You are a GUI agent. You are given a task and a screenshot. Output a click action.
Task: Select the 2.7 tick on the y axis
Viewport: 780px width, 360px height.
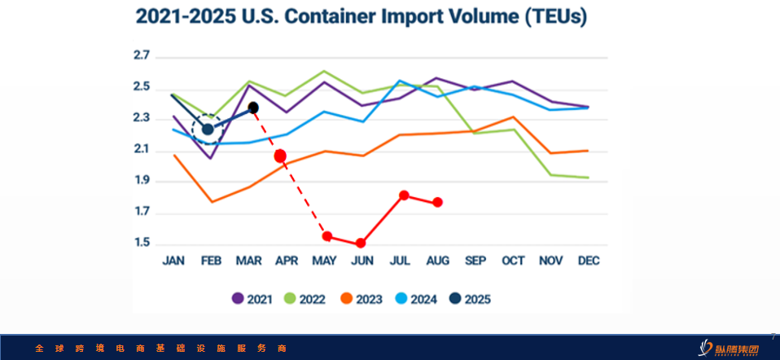[x=142, y=56]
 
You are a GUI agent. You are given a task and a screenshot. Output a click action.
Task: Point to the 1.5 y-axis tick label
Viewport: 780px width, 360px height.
[x=142, y=244]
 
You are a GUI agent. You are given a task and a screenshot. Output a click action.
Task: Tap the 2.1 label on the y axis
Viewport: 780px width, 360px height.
[x=142, y=150]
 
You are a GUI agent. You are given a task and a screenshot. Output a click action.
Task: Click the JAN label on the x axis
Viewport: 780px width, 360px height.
[x=173, y=261]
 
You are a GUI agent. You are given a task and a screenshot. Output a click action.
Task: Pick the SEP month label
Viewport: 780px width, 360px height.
[x=475, y=261]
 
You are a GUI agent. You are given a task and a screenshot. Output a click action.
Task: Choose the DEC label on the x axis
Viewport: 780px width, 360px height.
[x=589, y=261]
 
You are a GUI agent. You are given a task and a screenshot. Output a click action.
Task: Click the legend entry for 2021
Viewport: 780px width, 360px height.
[x=252, y=299]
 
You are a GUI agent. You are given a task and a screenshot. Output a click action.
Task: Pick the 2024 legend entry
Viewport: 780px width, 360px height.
[x=416, y=299]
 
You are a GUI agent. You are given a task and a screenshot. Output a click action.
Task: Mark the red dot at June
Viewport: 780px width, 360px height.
[x=361, y=243]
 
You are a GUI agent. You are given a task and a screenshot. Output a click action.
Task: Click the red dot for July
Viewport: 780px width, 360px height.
[x=404, y=195]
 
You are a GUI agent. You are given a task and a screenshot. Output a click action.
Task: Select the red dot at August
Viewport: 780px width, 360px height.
[x=438, y=202]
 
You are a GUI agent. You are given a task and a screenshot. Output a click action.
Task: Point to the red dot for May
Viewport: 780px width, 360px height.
[x=327, y=236]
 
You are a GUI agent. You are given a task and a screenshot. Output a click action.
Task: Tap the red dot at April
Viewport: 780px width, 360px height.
[x=280, y=156]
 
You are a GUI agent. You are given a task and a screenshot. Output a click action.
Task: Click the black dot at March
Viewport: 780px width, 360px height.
[x=253, y=108]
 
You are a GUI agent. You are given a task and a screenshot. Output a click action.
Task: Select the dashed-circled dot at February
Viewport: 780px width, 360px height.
[x=208, y=129]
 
